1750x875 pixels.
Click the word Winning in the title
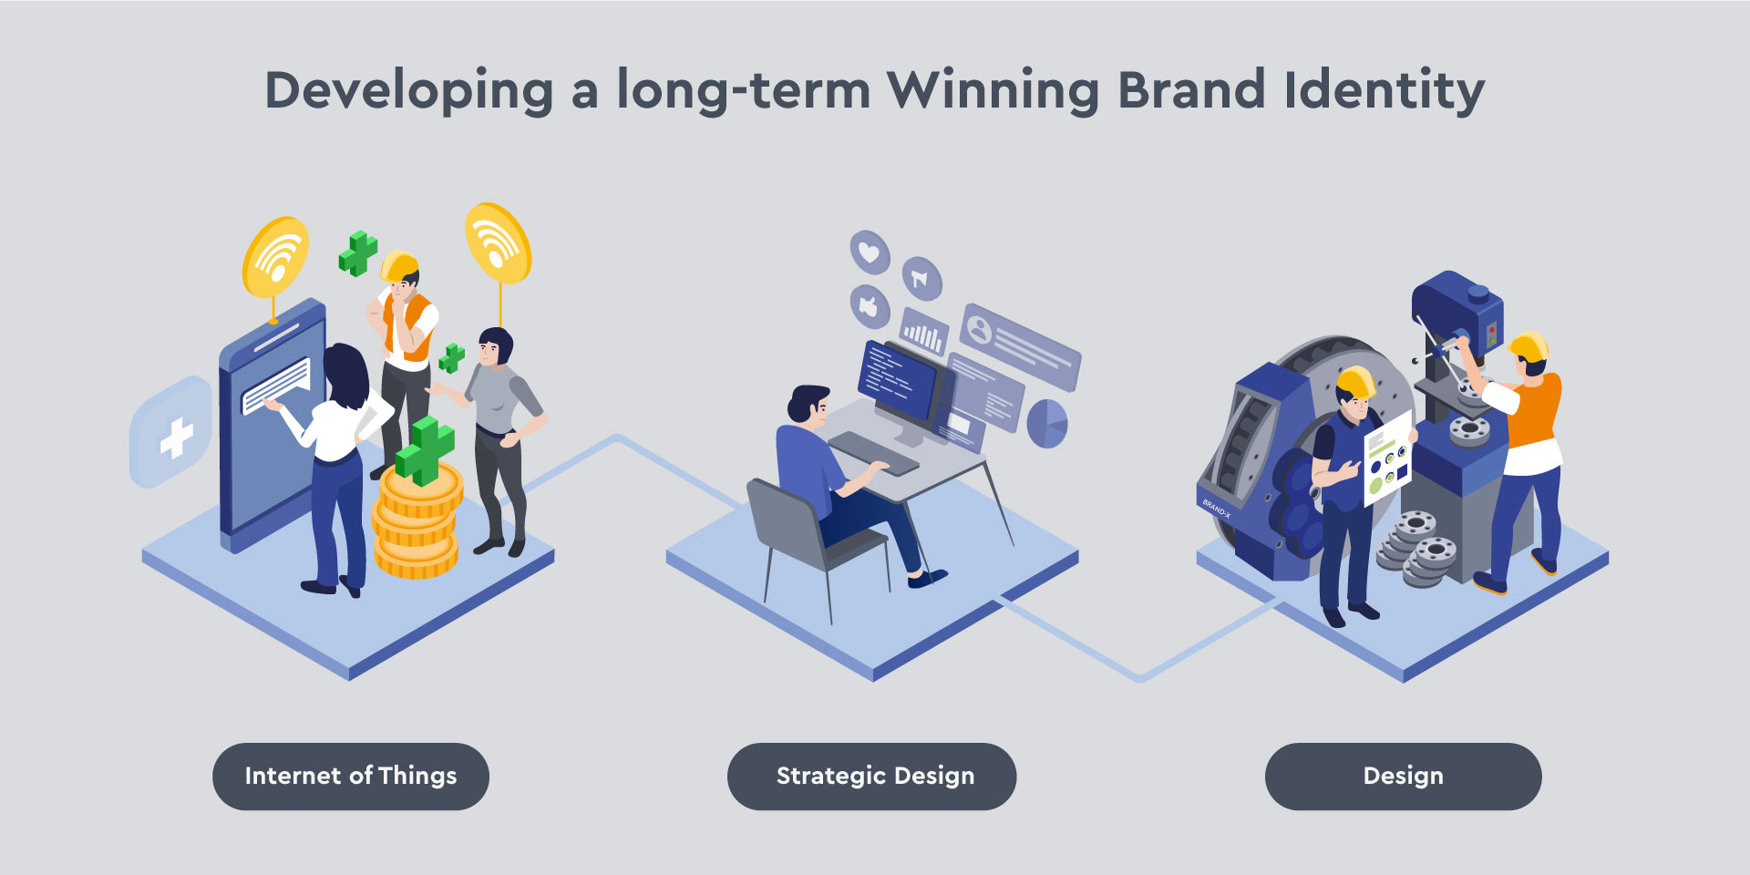click(x=993, y=91)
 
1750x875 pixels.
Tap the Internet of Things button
click(x=351, y=777)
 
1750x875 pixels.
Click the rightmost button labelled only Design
click(x=1404, y=777)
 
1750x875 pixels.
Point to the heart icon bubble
click(x=870, y=252)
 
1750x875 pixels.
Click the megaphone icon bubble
click(x=921, y=278)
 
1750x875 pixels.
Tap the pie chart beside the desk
click(x=1048, y=424)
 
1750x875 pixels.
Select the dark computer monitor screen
click(x=897, y=378)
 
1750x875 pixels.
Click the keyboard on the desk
click(x=873, y=453)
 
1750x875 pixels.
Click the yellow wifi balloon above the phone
click(x=275, y=257)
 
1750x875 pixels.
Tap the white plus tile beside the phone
click(x=172, y=432)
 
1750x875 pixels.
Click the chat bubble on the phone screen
click(x=276, y=385)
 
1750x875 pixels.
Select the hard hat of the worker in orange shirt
click(x=1529, y=346)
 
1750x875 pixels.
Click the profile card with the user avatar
click(x=1021, y=346)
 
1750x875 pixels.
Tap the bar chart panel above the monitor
click(x=923, y=333)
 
